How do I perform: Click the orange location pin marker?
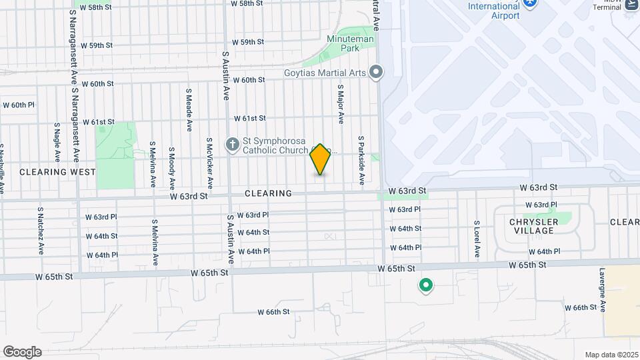[321, 160]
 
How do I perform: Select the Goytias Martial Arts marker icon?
[376, 71]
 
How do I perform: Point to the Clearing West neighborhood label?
[53, 171]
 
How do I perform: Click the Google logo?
[22, 352]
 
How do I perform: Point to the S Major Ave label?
[340, 104]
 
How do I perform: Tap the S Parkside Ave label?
[361, 161]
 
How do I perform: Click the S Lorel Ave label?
[477, 239]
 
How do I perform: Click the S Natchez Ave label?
[41, 231]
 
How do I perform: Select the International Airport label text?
[493, 11]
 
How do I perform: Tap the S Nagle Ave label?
[57, 142]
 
